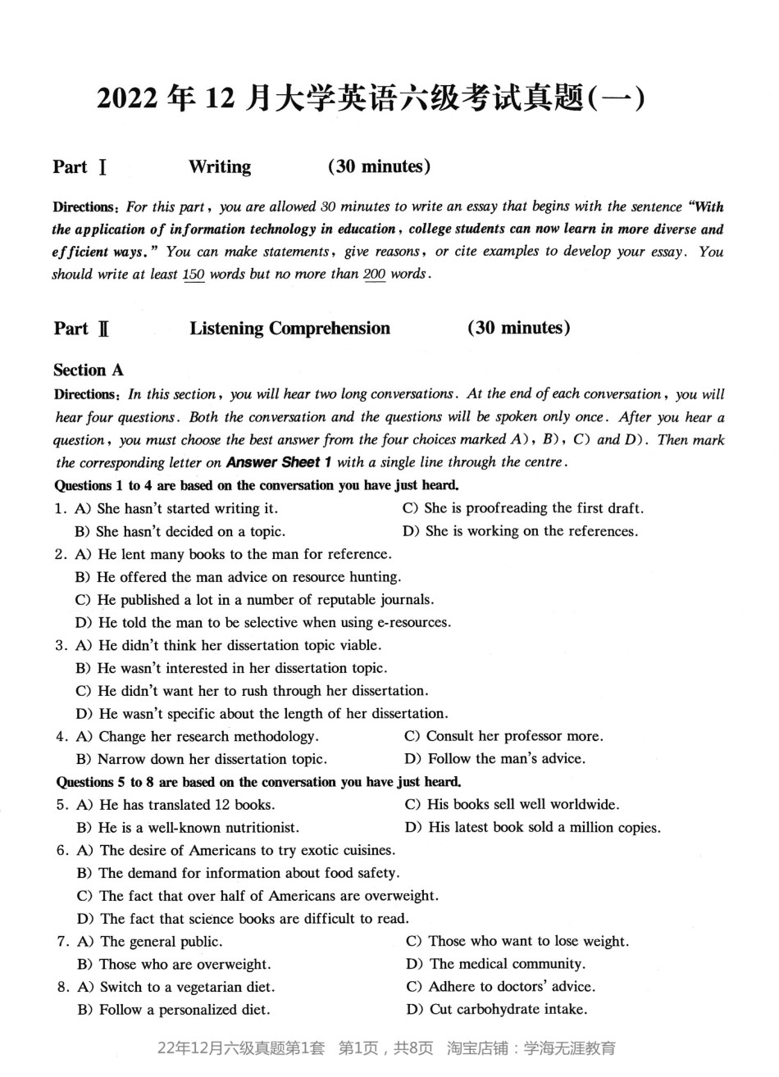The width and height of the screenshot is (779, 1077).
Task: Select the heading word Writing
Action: pyautogui.click(x=220, y=167)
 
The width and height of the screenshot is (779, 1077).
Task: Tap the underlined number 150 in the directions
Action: pyautogui.click(x=194, y=275)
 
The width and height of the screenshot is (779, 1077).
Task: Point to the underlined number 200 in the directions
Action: pyautogui.click(x=374, y=275)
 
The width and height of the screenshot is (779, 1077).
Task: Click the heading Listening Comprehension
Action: pyautogui.click(x=289, y=329)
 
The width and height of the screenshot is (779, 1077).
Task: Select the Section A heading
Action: pyautogui.click(x=89, y=370)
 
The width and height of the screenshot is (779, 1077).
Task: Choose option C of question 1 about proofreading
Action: pyautogui.click(x=522, y=508)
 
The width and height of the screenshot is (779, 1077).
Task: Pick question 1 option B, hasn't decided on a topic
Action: pyautogui.click(x=180, y=531)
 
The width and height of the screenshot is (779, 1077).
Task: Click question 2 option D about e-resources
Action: pyautogui.click(x=262, y=622)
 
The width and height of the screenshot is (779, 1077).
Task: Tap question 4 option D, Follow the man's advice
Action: pyautogui.click(x=495, y=759)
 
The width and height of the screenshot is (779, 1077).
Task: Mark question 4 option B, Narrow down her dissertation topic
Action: pyautogui.click(x=202, y=759)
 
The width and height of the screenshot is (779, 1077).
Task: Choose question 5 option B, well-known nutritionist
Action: pyautogui.click(x=189, y=828)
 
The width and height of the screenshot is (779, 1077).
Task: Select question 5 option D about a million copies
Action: pyautogui.click(x=533, y=828)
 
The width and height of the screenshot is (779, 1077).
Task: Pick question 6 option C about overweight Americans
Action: pyautogui.click(x=258, y=896)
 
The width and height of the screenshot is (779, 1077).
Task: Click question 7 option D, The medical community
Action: pyautogui.click(x=495, y=964)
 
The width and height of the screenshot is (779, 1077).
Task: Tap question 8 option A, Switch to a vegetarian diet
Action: pyautogui.click(x=176, y=987)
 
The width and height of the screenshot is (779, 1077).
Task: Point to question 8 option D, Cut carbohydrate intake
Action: pyautogui.click(x=497, y=1010)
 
